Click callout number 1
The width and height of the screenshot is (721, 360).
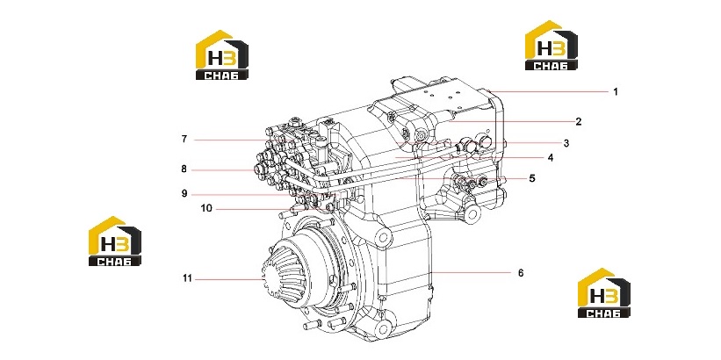[616, 91]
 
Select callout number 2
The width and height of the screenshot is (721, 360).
[579, 122]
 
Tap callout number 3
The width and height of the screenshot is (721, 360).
[566, 143]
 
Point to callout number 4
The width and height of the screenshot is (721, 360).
[551, 158]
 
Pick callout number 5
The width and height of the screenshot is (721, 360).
[532, 178]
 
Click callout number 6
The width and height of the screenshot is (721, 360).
[521, 273]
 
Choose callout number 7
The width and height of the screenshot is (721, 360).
[184, 139]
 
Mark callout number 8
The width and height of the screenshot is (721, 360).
[184, 169]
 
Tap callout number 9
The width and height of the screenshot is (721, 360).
[184, 193]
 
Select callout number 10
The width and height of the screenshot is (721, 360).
[206, 208]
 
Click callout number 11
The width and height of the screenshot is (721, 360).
[187, 278]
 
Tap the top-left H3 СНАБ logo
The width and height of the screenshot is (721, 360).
[222, 54]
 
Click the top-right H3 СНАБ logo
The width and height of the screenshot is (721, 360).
[552, 45]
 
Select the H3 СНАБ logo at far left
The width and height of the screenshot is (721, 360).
[115, 241]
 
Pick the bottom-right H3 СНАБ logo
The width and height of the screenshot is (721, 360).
[604, 293]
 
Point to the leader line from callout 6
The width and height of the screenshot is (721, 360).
[472, 273]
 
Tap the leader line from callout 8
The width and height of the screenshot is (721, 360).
[223, 170]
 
